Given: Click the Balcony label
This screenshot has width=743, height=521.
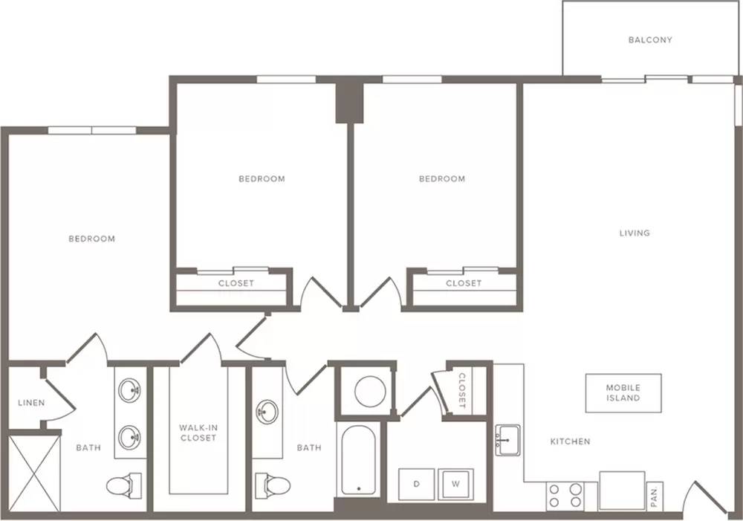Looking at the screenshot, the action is pos(650,40).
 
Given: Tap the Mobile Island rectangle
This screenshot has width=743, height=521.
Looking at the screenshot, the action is pos(623,393).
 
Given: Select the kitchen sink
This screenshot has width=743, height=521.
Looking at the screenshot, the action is pos(507,441).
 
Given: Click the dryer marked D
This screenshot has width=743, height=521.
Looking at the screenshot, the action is pos(417,484).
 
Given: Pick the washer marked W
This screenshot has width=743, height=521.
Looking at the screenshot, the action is pos(455,484).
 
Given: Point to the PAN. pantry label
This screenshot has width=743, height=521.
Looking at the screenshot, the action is pos(655,496).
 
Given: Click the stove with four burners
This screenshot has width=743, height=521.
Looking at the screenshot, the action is pos(565,496).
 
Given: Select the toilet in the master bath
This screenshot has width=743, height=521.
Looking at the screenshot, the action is pos(123,485).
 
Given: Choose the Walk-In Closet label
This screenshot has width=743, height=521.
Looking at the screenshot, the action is pos(198,433).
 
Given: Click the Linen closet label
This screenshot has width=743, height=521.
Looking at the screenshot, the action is pos(31,403).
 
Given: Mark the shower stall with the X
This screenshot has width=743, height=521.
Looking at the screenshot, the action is pos(35,473).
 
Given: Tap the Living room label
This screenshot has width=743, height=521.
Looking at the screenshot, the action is pos(635,233).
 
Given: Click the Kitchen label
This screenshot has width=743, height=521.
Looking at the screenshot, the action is pos(570,441).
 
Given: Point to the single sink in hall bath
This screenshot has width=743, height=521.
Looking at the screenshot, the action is pos(267,410).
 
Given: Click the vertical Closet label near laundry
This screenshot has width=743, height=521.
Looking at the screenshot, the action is pos(462,390).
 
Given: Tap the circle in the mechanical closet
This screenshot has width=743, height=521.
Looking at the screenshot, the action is pos(370,392).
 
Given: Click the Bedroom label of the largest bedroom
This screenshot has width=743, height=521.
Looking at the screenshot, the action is pos(92,239).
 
